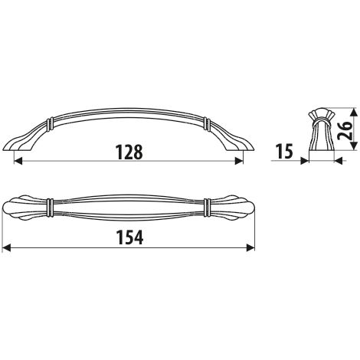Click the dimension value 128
tap(129, 152)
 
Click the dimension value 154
tap(129, 237)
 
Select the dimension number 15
tap(284, 152)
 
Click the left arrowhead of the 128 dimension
tap(18, 161)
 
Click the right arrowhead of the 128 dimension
tap(238, 161)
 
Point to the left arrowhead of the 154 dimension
tap(6, 247)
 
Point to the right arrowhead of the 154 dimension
tap(250, 247)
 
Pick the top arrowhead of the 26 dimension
tap(353, 113)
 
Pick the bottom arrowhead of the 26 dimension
tap(353, 145)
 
